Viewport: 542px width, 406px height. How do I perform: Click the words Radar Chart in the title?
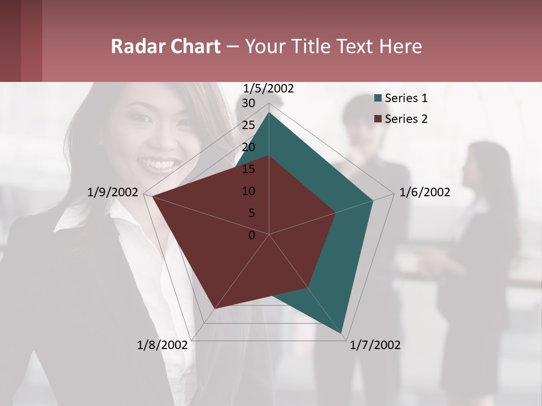pos(165,46)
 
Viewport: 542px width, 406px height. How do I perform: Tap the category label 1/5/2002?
pos(269,89)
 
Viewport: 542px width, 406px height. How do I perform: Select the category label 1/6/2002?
pos(425,193)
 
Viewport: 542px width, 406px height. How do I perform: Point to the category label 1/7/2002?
pos(375,345)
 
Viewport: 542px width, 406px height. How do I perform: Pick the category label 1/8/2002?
pos(162,345)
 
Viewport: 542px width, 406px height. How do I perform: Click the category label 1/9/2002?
pos(112,193)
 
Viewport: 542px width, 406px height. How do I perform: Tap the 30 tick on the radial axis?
pos(248,103)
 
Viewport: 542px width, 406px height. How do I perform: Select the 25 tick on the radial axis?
pos(248,125)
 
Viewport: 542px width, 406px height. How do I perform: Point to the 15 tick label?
pos(248,169)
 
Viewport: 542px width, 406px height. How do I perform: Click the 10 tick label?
pos(248,191)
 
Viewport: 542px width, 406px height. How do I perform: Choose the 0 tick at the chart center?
pos(252,235)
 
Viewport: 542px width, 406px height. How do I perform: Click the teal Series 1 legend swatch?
pos(378,99)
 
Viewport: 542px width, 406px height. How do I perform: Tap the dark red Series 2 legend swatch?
pos(378,119)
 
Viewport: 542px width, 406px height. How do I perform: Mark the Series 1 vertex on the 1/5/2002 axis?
pos(269,112)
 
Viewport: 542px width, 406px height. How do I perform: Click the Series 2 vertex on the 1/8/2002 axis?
pos(215,309)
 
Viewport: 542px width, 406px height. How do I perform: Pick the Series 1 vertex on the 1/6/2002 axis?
pos(373,200)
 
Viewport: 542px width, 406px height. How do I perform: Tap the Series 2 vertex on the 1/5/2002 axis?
pos(269,156)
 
